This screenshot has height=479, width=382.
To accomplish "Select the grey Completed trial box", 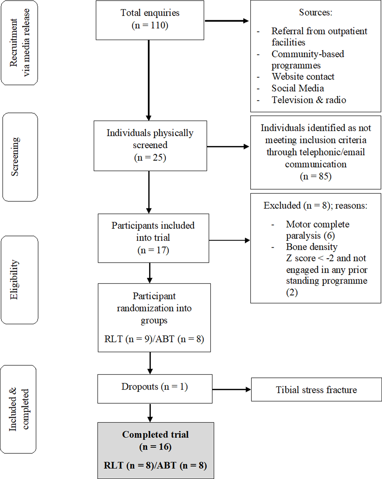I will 156,450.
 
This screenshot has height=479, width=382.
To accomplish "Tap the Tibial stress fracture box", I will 316,390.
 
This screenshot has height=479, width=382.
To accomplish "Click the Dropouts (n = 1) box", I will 155,388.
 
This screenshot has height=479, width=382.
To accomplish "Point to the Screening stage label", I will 20,157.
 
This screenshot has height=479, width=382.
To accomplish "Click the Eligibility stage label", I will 19,280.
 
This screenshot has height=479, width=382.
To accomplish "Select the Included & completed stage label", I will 18,409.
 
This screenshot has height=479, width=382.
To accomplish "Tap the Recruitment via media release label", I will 19,43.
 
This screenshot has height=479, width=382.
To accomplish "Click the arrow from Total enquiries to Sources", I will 226,21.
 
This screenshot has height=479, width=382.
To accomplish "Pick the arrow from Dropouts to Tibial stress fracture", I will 231,389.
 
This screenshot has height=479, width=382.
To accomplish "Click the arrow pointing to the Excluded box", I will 229,240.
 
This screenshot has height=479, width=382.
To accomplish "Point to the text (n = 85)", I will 315,176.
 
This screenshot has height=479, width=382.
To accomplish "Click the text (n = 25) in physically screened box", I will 150,157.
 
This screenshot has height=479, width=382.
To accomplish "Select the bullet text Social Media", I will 297,88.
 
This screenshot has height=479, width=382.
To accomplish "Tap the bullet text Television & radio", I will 309,100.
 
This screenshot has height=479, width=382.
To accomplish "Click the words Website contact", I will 303,77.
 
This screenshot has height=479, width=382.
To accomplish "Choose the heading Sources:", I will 315,12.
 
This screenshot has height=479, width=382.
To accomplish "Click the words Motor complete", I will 318,224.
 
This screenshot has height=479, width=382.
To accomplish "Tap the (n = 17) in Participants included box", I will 153,250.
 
